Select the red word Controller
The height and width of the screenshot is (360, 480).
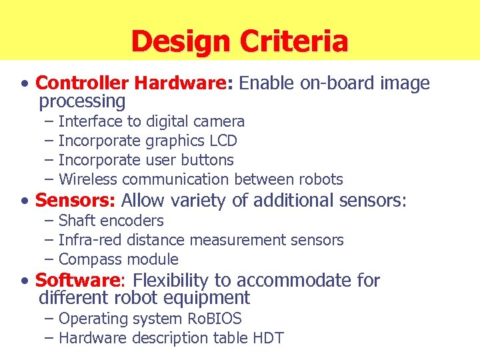click(x=82, y=83)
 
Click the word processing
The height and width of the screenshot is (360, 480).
click(x=82, y=102)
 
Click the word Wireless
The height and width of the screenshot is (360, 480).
click(x=87, y=180)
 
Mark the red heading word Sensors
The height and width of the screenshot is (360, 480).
click(x=75, y=200)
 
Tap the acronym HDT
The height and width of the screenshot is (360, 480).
click(x=268, y=339)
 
